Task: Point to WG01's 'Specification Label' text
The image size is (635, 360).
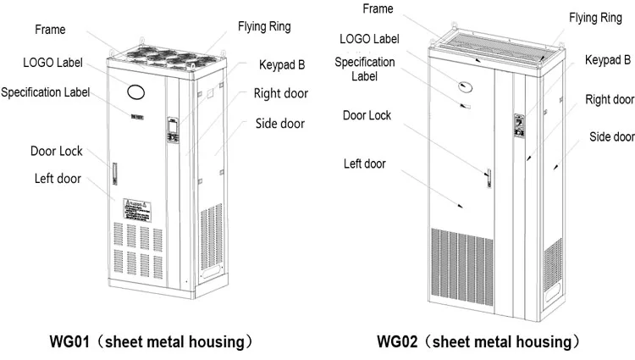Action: pyautogui.click(x=47, y=91)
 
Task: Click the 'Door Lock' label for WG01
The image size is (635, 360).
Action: pyautogui.click(x=57, y=151)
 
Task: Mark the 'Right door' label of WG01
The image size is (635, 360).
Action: pyautogui.click(x=281, y=93)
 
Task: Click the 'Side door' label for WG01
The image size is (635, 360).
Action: pyautogui.click(x=280, y=124)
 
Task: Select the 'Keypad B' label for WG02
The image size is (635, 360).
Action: pyautogui.click(x=608, y=59)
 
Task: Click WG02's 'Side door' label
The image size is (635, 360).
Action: pyautogui.click(x=612, y=136)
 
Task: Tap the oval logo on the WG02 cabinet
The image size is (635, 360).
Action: pyautogui.click(x=464, y=85)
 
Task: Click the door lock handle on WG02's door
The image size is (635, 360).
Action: pyautogui.click(x=488, y=177)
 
